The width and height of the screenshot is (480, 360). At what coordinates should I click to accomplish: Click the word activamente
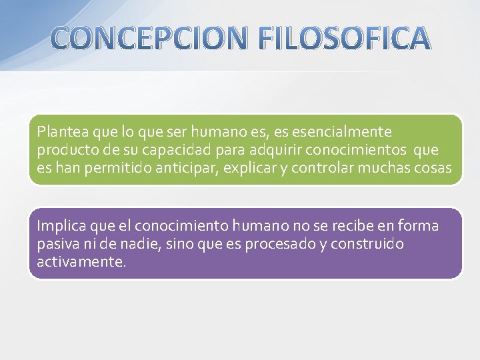pos(81,261)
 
